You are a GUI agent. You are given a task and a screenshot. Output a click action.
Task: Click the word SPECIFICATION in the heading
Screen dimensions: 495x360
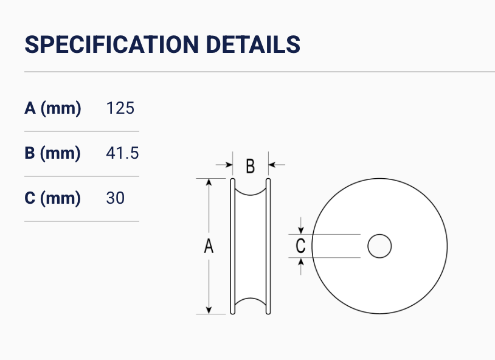click(112, 44)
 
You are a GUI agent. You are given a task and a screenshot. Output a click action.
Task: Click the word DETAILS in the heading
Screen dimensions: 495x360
click(253, 44)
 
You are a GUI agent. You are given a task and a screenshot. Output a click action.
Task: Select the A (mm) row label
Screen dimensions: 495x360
click(53, 108)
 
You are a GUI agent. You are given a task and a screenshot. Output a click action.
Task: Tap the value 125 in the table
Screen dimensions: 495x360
click(120, 108)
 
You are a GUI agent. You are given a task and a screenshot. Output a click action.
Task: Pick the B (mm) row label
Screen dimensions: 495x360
click(52, 153)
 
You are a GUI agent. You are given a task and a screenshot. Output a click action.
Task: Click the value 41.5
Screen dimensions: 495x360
click(122, 153)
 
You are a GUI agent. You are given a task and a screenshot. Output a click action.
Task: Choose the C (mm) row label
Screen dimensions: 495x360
click(52, 198)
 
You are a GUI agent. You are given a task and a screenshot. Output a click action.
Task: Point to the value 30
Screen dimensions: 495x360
click(115, 198)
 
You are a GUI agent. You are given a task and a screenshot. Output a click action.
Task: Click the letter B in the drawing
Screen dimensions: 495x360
click(251, 166)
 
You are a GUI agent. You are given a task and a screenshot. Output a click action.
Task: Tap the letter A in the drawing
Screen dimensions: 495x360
click(209, 246)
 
